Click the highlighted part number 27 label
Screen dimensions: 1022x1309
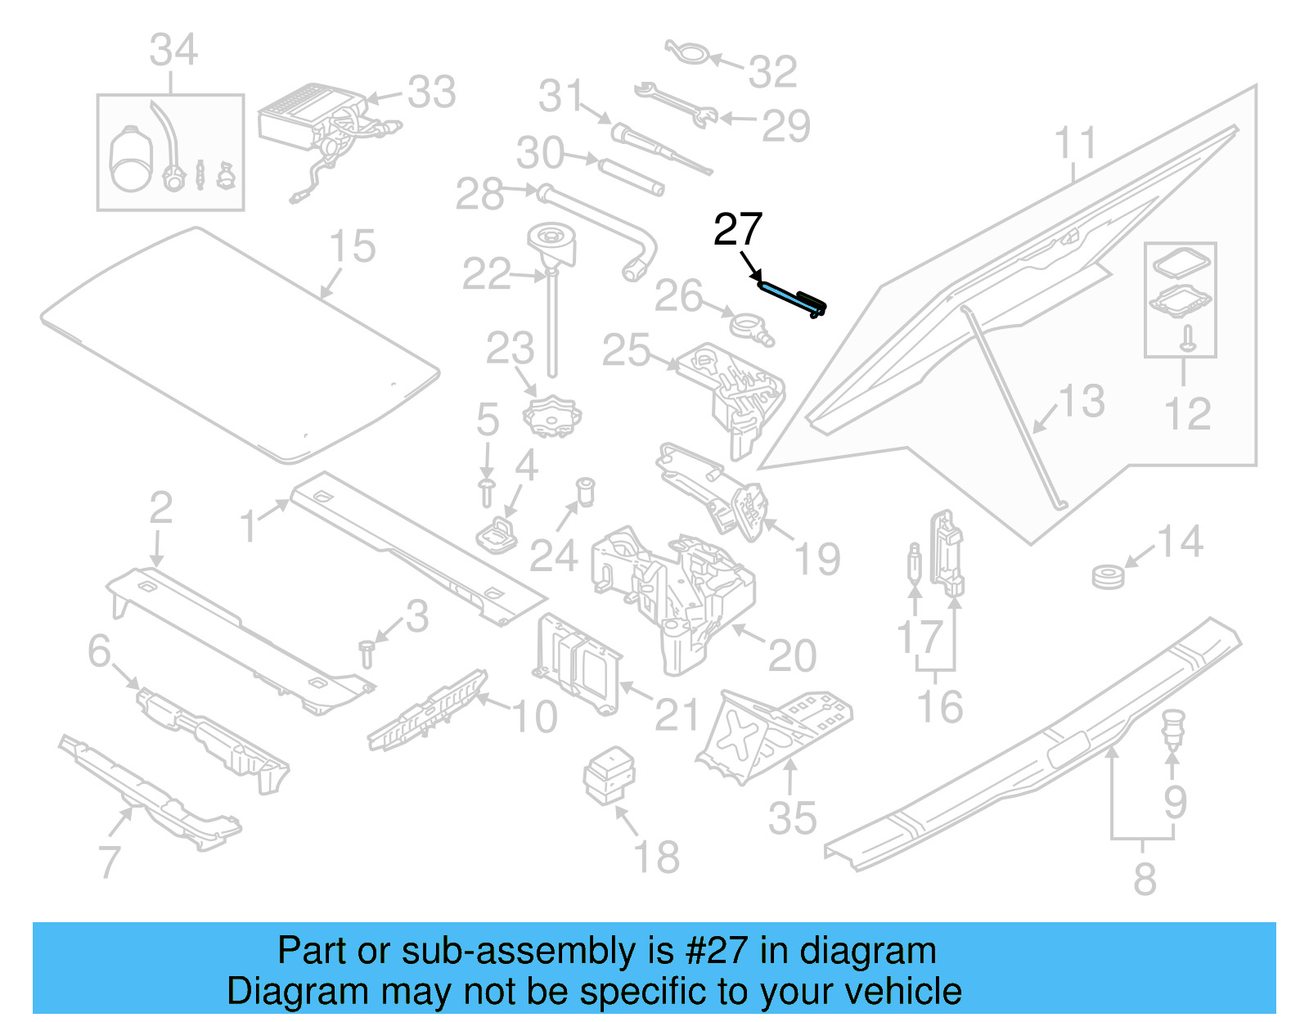(737, 230)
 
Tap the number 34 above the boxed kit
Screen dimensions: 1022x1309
(173, 51)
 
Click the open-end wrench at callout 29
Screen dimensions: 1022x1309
(675, 104)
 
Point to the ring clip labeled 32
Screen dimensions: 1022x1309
(686, 52)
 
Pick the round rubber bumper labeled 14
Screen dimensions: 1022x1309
(1108, 576)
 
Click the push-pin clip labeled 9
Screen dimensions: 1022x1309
(1173, 727)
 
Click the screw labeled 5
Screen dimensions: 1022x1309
(487, 492)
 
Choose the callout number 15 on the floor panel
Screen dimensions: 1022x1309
(352, 246)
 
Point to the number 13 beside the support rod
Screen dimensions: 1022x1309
(1082, 401)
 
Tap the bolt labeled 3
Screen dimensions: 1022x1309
(366, 654)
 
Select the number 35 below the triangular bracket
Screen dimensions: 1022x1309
(792, 818)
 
